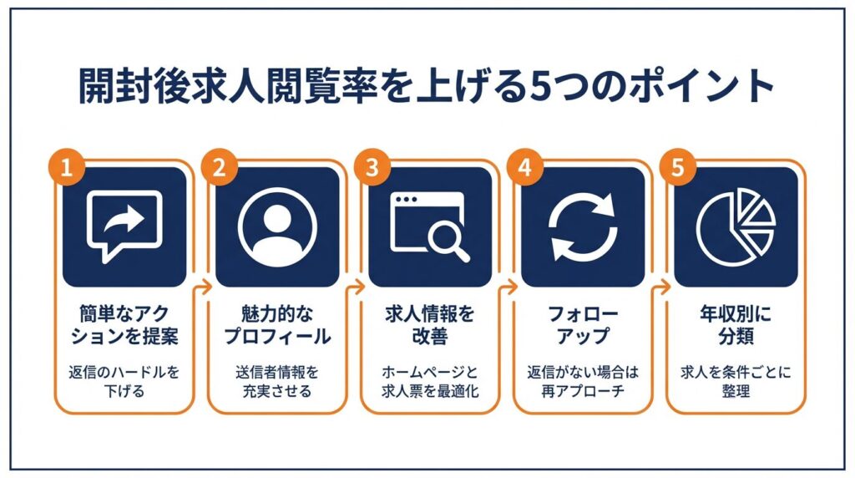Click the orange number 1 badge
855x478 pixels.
(x=66, y=167)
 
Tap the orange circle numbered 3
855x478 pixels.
(x=372, y=167)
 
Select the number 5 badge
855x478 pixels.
(x=677, y=167)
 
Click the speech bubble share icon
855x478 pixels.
(x=124, y=226)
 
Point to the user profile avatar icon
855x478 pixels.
(x=277, y=227)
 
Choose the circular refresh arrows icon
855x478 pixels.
(x=582, y=226)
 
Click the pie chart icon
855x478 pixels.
(x=736, y=227)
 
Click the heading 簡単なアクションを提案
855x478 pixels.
(x=124, y=325)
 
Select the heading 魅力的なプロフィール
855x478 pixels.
(x=277, y=325)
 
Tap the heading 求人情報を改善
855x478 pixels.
(x=430, y=325)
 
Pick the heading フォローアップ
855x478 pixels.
(x=582, y=325)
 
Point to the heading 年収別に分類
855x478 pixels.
(x=736, y=325)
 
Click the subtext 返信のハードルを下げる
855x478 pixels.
(x=124, y=382)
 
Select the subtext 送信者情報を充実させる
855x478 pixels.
(x=277, y=382)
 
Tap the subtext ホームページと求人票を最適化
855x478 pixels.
(x=430, y=382)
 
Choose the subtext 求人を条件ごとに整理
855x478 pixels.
(x=736, y=382)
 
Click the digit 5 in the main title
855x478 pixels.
(x=540, y=86)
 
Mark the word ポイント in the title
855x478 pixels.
(x=701, y=86)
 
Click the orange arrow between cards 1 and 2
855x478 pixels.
(x=204, y=287)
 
